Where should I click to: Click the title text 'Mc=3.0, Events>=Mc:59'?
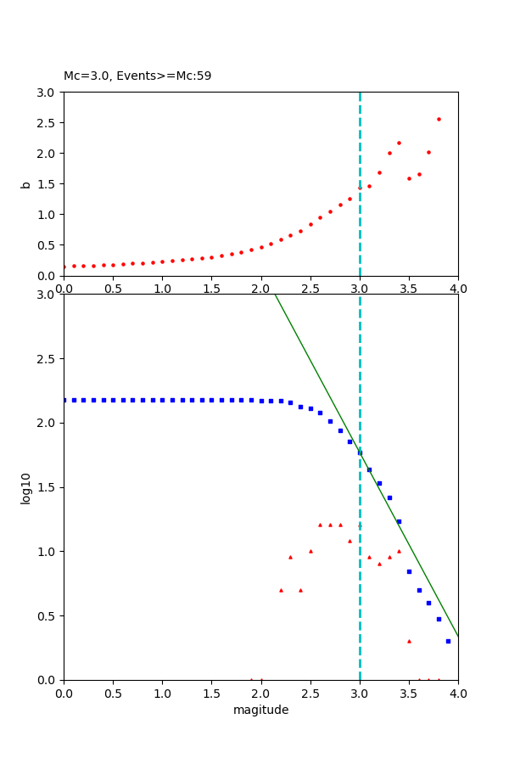(137, 76)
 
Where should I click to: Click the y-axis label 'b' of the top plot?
(26, 184)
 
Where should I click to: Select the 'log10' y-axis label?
(26, 488)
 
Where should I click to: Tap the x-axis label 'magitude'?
(260, 710)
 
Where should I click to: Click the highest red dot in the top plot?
(439, 119)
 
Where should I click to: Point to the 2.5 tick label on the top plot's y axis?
(47, 123)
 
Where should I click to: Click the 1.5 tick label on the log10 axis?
(47, 487)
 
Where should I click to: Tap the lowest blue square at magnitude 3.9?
(448, 641)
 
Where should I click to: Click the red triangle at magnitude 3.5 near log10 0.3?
(409, 641)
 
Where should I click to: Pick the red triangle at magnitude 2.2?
(281, 590)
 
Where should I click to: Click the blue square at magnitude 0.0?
(64, 400)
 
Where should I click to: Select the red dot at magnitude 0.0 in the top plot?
(64, 267)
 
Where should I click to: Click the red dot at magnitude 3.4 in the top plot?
(399, 143)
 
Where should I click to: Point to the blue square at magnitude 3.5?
(409, 571)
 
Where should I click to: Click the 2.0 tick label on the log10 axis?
(47, 423)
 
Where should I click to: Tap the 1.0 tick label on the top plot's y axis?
(47, 215)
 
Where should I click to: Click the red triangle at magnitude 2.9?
(350, 541)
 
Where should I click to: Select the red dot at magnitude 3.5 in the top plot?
(409, 178)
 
